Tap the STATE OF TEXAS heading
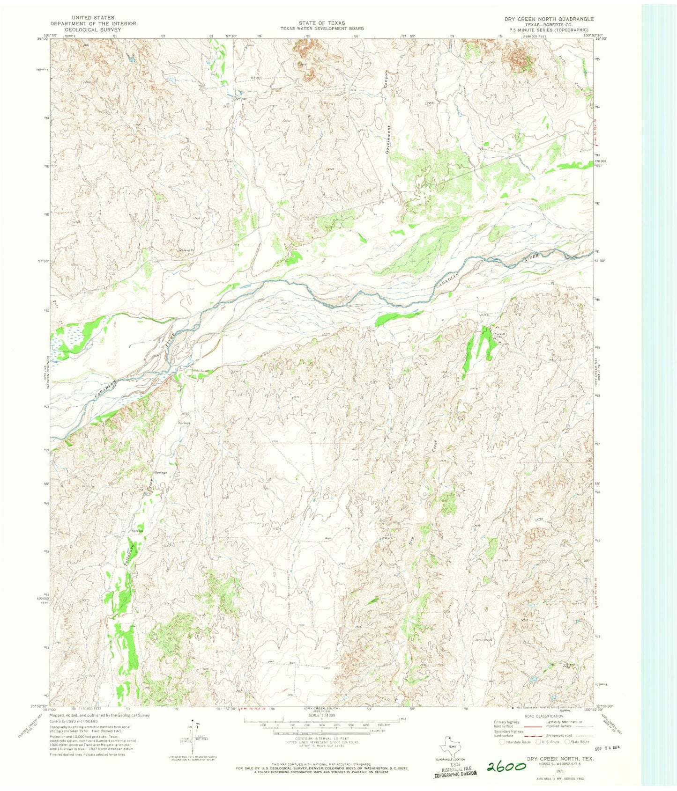[x=322, y=22]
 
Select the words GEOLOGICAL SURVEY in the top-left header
[x=93, y=29]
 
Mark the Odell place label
[x=255, y=78]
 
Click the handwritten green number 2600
[x=506, y=766]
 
